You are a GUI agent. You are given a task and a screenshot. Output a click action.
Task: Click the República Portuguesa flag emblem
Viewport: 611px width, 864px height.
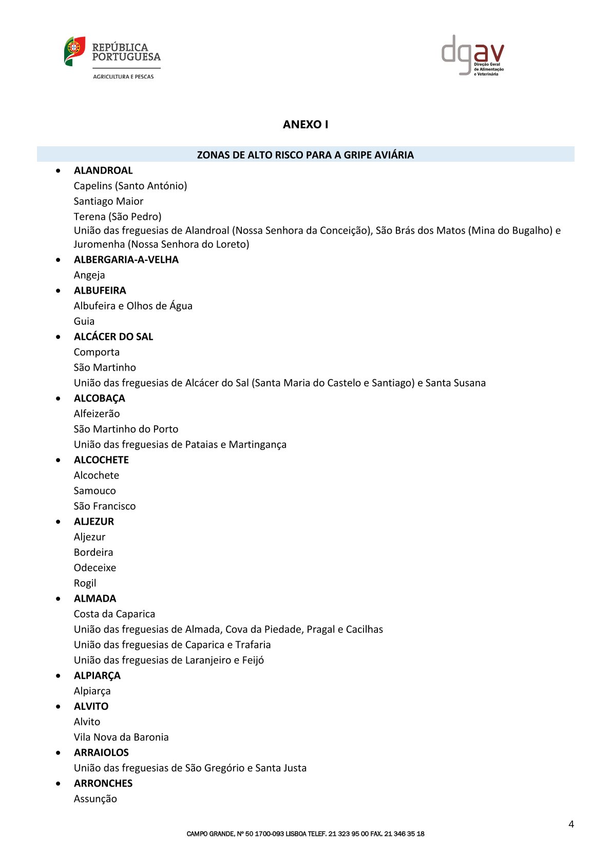[x=74, y=51]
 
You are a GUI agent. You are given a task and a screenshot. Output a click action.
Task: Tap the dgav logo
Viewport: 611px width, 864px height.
[x=472, y=55]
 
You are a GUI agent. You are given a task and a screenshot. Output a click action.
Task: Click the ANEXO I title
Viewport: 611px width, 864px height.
[x=305, y=125]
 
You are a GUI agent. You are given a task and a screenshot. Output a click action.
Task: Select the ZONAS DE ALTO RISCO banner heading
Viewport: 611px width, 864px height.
[x=305, y=155]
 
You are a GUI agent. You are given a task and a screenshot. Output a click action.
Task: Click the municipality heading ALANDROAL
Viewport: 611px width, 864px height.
[x=103, y=170]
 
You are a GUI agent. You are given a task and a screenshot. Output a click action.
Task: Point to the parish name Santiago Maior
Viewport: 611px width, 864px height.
[x=108, y=201]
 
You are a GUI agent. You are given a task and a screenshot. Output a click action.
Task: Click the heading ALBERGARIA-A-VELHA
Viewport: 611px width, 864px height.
[x=126, y=260]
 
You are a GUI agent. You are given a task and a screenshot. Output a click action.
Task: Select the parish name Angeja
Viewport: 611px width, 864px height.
[x=89, y=275]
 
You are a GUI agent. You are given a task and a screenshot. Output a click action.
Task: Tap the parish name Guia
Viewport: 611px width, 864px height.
[x=84, y=321]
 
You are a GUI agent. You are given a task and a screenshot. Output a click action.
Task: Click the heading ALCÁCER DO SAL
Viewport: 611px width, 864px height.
[x=113, y=337]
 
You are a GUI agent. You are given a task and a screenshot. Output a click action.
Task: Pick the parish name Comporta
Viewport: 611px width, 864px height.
[x=97, y=352]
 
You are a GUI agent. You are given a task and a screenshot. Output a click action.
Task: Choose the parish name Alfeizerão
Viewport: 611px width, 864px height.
[x=97, y=414]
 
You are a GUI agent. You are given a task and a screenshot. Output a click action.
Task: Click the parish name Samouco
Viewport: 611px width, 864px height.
[x=95, y=491]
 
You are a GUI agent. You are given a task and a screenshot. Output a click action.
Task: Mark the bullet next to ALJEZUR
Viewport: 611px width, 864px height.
[x=59, y=522]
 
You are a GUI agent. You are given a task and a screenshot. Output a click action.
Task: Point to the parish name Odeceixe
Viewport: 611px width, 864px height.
[x=95, y=568]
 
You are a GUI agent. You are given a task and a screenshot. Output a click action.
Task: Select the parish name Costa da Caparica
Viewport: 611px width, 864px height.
[x=114, y=614]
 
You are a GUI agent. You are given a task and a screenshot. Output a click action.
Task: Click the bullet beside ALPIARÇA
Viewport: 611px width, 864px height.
[x=59, y=676]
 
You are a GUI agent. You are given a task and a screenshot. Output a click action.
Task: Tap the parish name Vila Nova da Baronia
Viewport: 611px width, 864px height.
[x=121, y=737]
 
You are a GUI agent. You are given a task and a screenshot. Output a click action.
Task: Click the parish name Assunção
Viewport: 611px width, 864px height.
[x=96, y=799]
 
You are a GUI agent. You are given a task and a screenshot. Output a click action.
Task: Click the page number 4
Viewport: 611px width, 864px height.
[x=571, y=824]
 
